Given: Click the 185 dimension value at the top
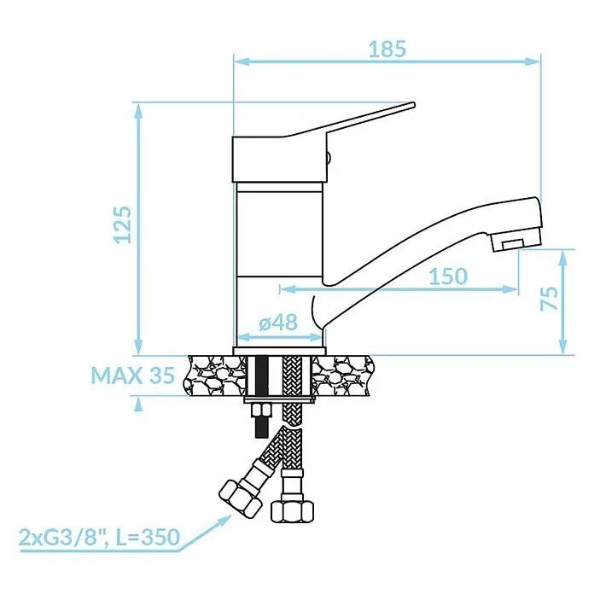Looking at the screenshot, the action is tap(387, 49).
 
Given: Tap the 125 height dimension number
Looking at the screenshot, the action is tap(123, 224).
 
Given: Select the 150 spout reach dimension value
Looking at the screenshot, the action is tap(448, 277).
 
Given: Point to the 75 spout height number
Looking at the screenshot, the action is tap(549, 299).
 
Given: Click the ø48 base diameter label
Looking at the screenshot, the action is tap(278, 323).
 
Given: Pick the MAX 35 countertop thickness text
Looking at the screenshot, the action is tap(133, 376).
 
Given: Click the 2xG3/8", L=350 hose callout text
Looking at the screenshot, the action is tap(99, 537).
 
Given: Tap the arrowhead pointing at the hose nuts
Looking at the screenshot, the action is tap(224, 520).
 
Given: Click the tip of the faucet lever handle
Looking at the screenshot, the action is tap(413, 105).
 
